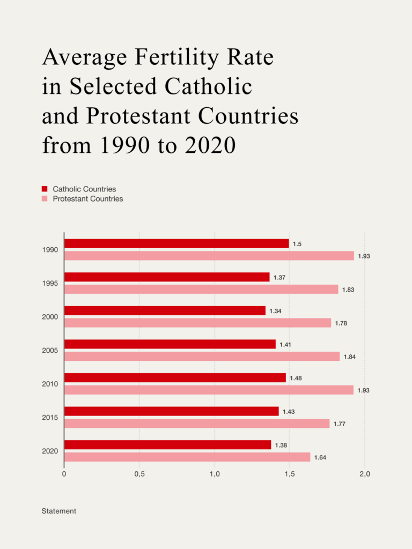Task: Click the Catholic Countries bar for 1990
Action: pos(176,243)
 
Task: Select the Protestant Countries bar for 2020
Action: pos(187,457)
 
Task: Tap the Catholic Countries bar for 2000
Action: pos(165,310)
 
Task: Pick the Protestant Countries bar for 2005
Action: pos(202,356)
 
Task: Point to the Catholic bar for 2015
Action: pos(172,411)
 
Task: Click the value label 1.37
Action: pos(280,278)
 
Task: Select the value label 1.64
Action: pos(321,457)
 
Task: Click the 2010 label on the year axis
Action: pos(50,384)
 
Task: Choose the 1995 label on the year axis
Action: pos(50,283)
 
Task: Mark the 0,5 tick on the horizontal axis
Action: pos(139,474)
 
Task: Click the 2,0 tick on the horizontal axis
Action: pos(365,474)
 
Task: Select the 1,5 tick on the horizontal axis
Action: pos(290,474)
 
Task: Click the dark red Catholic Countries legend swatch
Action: pos(45,189)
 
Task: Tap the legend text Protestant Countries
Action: pos(88,199)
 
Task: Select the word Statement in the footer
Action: pos(59,511)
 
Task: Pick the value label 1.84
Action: pos(350,357)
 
